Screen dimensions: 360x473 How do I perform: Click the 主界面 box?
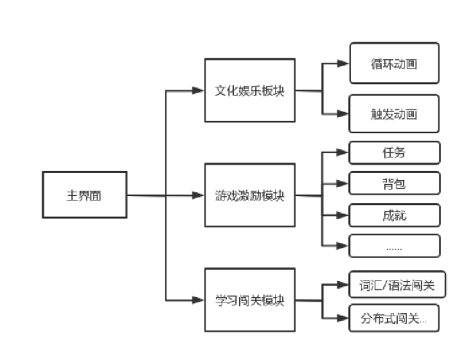pyautogui.click(x=84, y=195)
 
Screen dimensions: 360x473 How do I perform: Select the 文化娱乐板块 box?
pyautogui.click(x=250, y=90)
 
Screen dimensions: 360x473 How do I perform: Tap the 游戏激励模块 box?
pyautogui.click(x=250, y=195)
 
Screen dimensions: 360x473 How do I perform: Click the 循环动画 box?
pyautogui.click(x=394, y=63)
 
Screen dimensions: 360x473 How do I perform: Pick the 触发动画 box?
pyautogui.click(x=394, y=114)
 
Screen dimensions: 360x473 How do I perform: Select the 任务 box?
pyautogui.click(x=394, y=152)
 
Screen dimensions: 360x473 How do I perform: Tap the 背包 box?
pyautogui.click(x=394, y=184)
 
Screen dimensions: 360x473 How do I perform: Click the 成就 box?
pyautogui.click(x=394, y=215)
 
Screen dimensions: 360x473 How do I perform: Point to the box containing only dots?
pyautogui.click(x=394, y=246)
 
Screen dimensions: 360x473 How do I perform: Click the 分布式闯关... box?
pyautogui.click(x=394, y=318)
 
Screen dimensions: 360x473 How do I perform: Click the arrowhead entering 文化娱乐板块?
pyautogui.click(x=199, y=90)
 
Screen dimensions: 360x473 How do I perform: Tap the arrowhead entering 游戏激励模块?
pyautogui.click(x=199, y=195)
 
